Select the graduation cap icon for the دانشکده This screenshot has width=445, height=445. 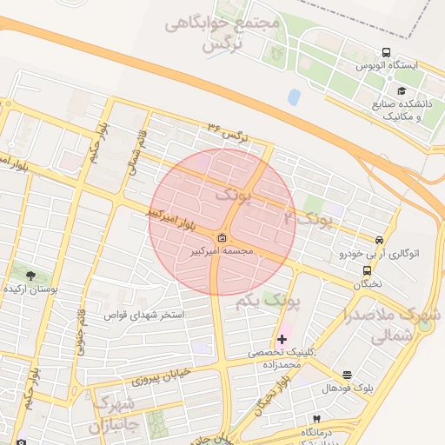(x=402, y=90)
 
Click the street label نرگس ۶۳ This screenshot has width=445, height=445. (x=227, y=132)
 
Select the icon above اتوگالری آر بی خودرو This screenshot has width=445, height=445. (x=378, y=241)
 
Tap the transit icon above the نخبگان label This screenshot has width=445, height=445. (x=366, y=270)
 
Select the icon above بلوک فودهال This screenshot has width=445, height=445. (x=348, y=375)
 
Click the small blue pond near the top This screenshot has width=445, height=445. (x=294, y=96)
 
